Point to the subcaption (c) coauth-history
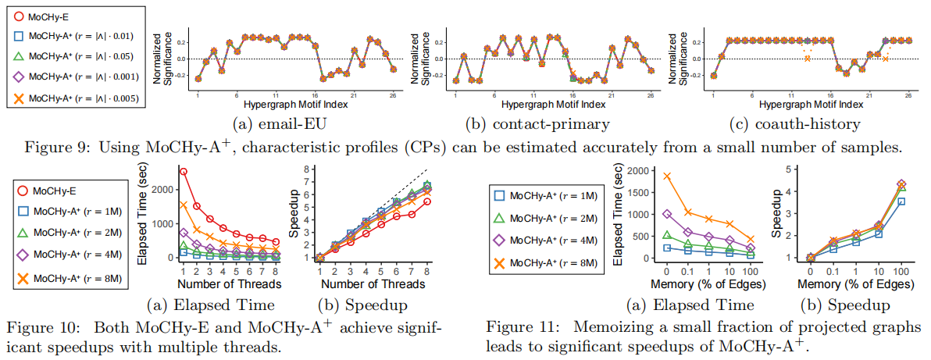(x=791, y=124)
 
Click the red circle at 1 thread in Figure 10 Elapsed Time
(x=183, y=172)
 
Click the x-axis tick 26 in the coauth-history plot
(x=908, y=95)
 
